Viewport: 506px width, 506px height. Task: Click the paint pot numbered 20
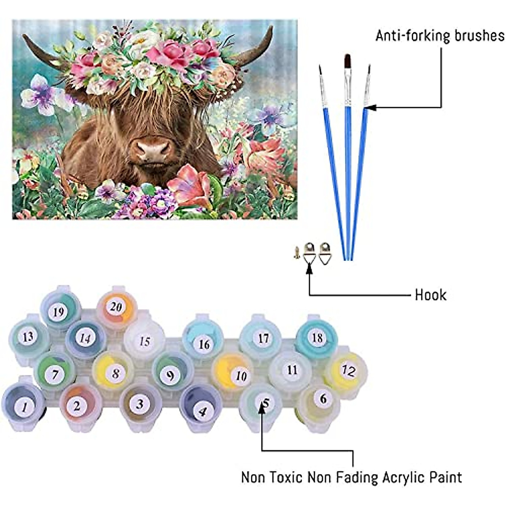[x=116, y=307]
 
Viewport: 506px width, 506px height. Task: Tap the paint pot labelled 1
[x=24, y=406]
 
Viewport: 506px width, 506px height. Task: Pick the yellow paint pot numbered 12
[x=348, y=371]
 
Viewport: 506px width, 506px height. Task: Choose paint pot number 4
[x=202, y=409]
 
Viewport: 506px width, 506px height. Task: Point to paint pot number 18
[x=317, y=338]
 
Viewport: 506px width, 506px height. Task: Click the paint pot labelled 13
[x=28, y=337]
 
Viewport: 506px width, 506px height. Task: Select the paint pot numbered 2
[x=77, y=405]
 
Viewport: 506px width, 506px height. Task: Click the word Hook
[x=431, y=294]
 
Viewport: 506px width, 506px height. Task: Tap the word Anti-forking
[x=407, y=35]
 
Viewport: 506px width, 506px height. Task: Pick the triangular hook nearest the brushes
[x=324, y=253]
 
